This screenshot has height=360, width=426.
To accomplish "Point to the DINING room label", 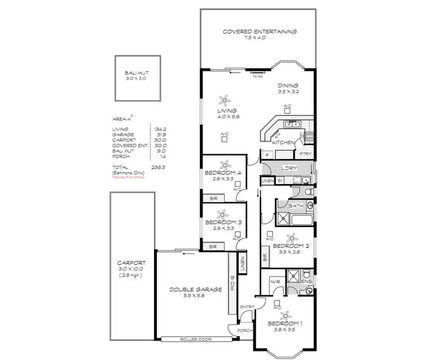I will pyautogui.click(x=288, y=85).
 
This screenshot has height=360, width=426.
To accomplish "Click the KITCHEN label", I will pyautogui.click(x=282, y=143).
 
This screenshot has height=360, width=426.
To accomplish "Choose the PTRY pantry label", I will pyautogui.click(x=305, y=154).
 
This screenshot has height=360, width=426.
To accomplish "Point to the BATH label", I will pyautogui.click(x=295, y=206).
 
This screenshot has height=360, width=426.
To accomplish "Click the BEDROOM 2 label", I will pyautogui.click(x=290, y=246).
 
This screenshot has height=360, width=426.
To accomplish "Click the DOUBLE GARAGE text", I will pyautogui.click(x=191, y=290).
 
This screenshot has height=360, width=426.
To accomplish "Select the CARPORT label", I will pyautogui.click(x=132, y=263).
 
